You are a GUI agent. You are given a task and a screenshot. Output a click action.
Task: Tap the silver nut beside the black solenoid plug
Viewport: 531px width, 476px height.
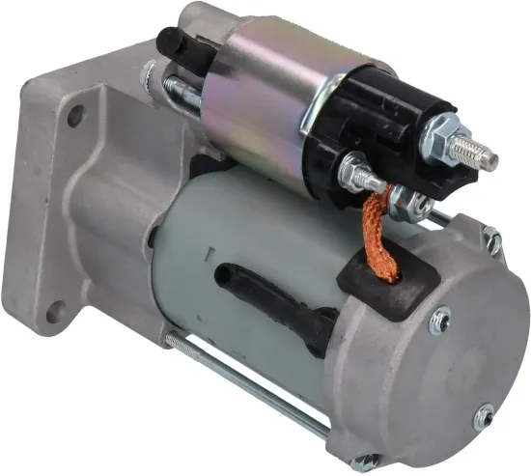[149, 71]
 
